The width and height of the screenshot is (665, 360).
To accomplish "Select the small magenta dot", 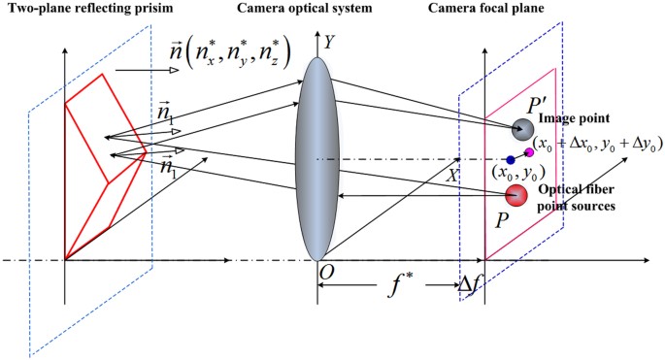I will click(529, 151).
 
